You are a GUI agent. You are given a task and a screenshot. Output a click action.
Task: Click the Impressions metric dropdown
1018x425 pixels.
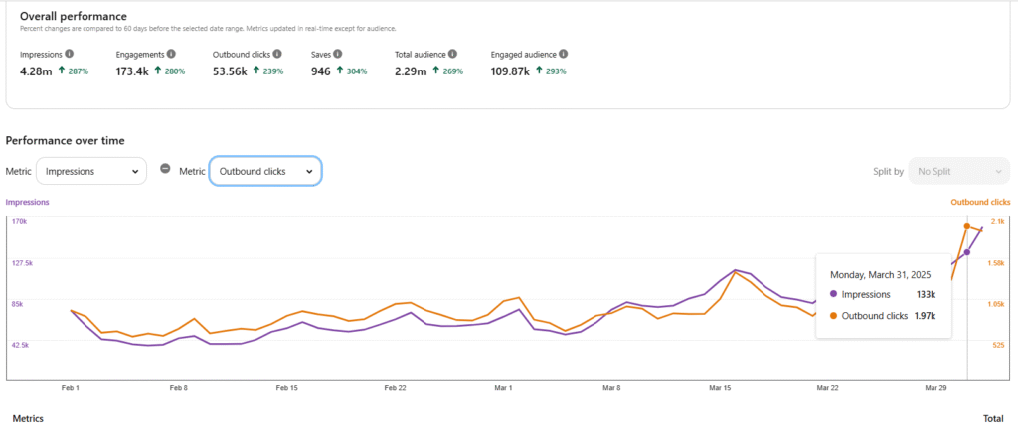[91, 171]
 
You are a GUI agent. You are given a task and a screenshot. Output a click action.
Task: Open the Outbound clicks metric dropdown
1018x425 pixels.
[265, 171]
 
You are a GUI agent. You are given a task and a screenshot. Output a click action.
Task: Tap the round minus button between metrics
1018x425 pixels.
[165, 168]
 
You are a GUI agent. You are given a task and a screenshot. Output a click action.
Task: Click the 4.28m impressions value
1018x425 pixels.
[37, 71]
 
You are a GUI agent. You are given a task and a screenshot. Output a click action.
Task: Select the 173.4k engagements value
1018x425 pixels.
[132, 71]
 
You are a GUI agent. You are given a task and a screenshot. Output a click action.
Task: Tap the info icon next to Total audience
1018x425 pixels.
[453, 54]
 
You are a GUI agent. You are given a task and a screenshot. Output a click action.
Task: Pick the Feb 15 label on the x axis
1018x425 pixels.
[287, 388]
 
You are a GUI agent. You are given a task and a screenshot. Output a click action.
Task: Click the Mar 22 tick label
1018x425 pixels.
[827, 388]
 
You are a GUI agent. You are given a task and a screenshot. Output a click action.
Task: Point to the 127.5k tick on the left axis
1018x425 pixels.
[21, 263]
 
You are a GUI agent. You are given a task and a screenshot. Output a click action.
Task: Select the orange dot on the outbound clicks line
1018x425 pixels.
[967, 226]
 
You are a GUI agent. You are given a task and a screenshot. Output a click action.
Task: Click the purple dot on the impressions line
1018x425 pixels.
[967, 252]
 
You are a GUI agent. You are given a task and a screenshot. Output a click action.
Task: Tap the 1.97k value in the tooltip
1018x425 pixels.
[927, 316]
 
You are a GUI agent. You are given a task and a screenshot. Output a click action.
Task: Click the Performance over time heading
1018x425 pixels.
[65, 141]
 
